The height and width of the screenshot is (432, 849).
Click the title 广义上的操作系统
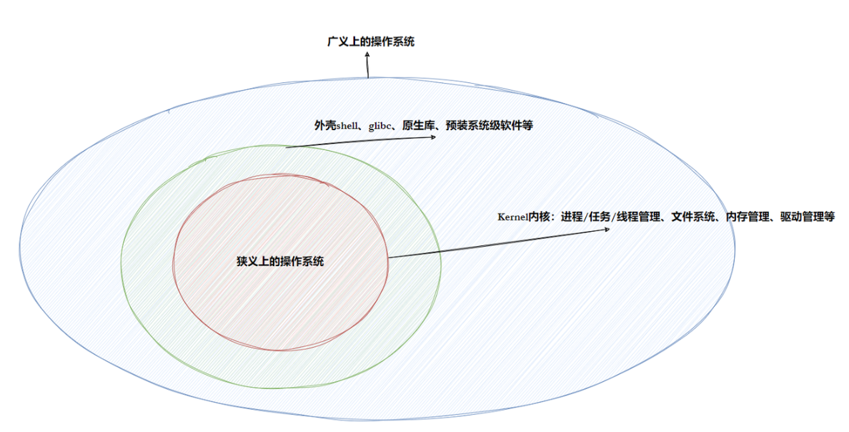coord(369,41)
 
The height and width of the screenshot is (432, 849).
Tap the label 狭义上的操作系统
coord(280,261)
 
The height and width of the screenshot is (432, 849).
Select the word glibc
coord(379,126)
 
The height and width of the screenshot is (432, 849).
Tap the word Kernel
coord(512,217)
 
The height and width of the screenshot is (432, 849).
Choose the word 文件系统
coord(694,217)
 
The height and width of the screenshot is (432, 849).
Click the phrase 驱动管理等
coord(807,217)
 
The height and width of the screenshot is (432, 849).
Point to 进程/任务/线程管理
coord(610,217)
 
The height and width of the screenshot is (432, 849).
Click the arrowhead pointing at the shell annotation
coord(432,137)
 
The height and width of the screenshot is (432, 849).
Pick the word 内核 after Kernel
coord(539,217)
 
